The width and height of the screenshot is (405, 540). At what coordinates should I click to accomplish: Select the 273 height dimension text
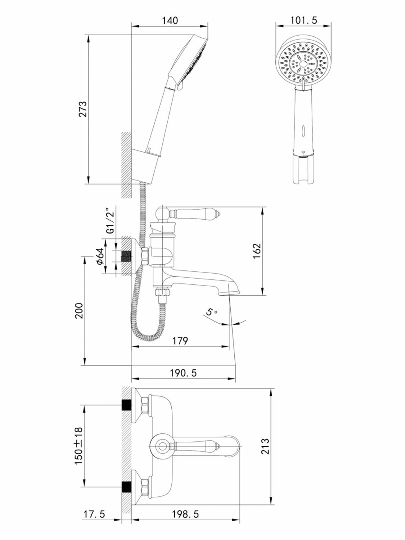[83, 109]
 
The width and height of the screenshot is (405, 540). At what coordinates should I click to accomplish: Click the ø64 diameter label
[100, 257]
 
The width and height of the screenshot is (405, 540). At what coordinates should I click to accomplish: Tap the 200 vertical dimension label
[79, 310]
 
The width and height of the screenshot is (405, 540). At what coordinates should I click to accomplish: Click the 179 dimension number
[180, 340]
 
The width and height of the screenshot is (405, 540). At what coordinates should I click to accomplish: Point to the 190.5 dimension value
[183, 373]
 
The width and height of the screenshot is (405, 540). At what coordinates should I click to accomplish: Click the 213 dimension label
[265, 446]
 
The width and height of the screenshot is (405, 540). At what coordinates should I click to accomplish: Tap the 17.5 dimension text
[94, 514]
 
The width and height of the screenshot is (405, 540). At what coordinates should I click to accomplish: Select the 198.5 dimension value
[185, 514]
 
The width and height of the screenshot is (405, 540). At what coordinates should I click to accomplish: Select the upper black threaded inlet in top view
[126, 405]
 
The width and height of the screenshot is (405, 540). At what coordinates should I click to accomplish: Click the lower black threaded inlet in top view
[126, 487]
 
